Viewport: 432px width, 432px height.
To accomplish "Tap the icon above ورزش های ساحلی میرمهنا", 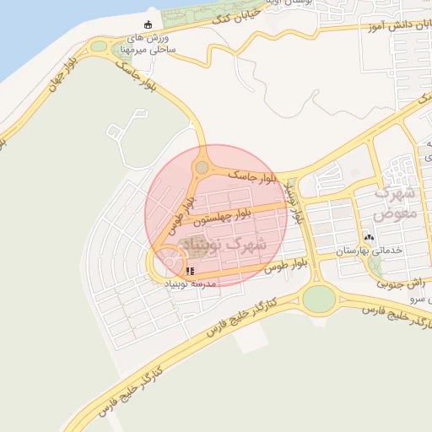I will [x=149, y=24].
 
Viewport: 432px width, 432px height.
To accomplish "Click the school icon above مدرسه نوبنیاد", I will [x=190, y=272].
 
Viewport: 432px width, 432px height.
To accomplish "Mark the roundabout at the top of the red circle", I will [x=202, y=168].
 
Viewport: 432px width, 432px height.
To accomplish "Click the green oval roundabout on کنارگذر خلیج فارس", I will [x=319, y=298].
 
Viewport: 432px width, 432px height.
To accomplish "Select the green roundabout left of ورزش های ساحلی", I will [x=100, y=46].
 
